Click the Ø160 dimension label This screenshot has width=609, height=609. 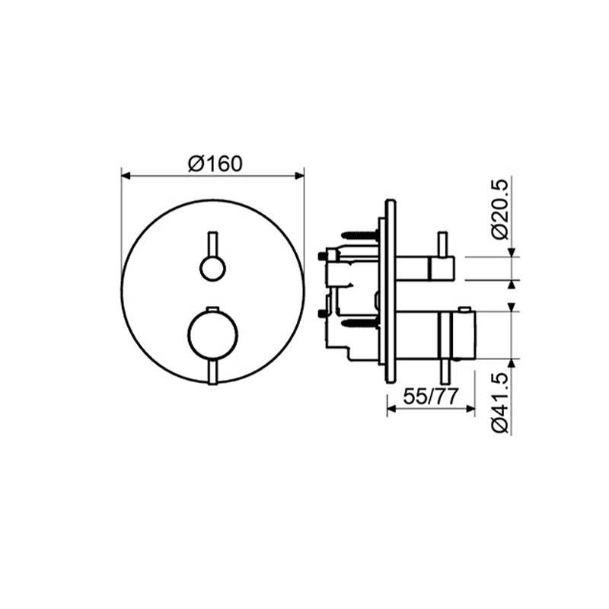tap(215, 164)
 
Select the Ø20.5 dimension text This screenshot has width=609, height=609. tap(499, 209)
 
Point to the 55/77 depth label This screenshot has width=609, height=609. tap(431, 397)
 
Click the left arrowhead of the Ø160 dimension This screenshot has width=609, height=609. tap(126, 176)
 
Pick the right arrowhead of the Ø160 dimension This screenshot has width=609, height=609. tap(299, 176)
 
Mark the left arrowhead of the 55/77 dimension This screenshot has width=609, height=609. tap(392, 409)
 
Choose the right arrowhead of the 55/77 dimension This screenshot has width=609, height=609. tap(470, 409)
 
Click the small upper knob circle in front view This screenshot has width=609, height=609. tap(212, 269)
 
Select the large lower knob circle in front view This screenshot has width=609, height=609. tap(213, 335)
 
